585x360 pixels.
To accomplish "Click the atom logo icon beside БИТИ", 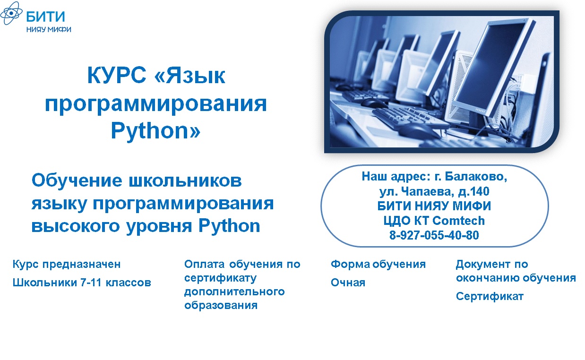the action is point(11,13).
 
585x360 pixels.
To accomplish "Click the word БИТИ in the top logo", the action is point(45,17).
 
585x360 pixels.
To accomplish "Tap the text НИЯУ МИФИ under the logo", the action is point(49,29).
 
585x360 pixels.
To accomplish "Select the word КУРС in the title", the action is point(116,76).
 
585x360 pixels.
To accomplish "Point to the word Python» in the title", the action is point(155,130).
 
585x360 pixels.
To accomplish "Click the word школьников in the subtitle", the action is point(185,180).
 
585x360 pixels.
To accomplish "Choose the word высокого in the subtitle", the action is point(75,226).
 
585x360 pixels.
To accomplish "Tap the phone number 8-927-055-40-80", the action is point(434,235).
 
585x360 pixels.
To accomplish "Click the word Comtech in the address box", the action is point(459,221).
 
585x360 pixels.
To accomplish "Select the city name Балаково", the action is point(476,177).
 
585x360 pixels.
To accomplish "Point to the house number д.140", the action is point(474,192).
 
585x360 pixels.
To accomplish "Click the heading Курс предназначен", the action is point(67,265).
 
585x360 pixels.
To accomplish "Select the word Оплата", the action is point(205,264).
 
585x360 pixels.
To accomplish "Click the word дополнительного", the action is point(234,292).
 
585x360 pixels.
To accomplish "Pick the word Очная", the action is point(348,283).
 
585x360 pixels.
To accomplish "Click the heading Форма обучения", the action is point(378,265).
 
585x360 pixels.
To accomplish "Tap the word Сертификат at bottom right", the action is point(490,297).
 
